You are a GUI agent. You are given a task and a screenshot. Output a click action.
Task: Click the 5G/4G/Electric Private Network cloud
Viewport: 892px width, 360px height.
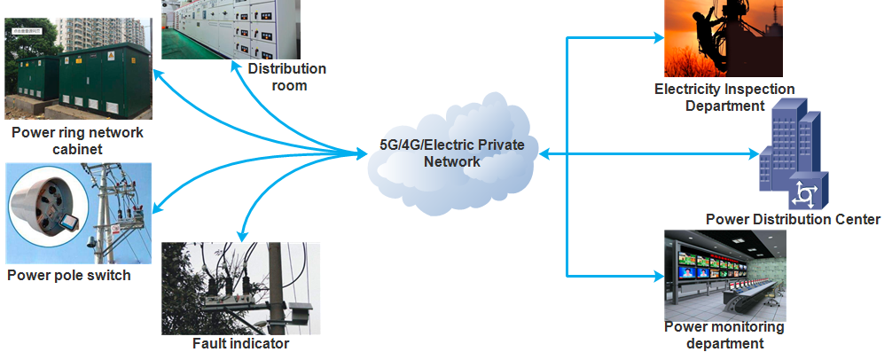pyautogui.click(x=453, y=153)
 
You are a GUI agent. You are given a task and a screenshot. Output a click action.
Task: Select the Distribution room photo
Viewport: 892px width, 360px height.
pyautogui.click(x=232, y=28)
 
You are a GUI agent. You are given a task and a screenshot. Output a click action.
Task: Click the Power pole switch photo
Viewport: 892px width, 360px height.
pyautogui.click(x=77, y=214)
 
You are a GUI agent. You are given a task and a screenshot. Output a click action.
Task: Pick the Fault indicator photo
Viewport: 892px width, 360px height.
pyautogui.click(x=240, y=288)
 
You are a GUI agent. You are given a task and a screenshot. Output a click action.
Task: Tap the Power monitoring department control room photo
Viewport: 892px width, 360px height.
pyautogui.click(x=725, y=275)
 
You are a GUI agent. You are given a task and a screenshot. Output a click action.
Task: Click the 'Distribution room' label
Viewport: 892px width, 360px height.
pyautogui.click(x=286, y=77)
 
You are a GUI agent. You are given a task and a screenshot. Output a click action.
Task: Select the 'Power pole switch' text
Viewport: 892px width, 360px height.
pyautogui.click(x=69, y=275)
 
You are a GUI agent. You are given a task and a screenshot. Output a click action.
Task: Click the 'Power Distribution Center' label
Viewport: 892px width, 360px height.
pyautogui.click(x=793, y=219)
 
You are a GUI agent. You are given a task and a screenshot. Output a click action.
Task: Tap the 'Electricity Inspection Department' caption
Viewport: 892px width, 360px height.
pyautogui.click(x=724, y=98)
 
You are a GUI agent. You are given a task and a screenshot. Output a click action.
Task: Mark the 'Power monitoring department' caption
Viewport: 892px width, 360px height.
pyautogui.click(x=724, y=335)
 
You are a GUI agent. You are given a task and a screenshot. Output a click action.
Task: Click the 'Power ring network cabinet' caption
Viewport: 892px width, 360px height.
pyautogui.click(x=77, y=141)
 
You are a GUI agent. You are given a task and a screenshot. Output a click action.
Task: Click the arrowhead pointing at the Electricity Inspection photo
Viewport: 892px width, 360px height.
pyautogui.click(x=659, y=38)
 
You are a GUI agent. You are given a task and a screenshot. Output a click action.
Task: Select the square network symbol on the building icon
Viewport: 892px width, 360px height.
pyautogui.click(x=806, y=191)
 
